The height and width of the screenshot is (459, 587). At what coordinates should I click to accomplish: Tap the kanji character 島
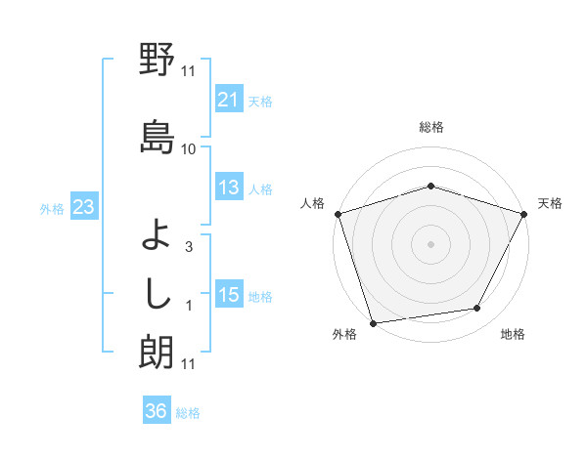(x=157, y=136)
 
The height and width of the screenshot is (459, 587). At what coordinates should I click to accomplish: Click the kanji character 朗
(x=157, y=352)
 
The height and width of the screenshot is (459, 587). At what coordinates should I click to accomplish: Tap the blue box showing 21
(x=228, y=99)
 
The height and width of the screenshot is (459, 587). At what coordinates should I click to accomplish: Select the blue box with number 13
(x=228, y=188)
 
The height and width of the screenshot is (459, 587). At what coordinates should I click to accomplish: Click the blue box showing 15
(x=228, y=295)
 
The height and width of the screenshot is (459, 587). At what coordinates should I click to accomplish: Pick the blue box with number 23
(x=84, y=207)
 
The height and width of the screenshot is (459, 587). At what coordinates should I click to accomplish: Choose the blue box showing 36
(x=157, y=411)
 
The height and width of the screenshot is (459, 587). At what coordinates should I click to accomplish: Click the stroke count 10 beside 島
(x=188, y=148)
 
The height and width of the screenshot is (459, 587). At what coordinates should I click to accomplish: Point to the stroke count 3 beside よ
(x=188, y=247)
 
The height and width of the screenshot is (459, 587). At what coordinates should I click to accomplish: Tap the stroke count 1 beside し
(x=188, y=306)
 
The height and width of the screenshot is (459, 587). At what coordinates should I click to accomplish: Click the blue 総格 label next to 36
(x=188, y=413)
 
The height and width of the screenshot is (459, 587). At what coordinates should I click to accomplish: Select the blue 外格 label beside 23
(x=52, y=208)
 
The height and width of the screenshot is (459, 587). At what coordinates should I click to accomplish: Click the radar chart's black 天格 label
(x=550, y=203)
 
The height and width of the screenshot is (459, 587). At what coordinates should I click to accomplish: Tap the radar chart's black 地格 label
(x=513, y=334)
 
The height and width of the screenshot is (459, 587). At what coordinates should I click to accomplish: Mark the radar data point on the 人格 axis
(x=338, y=214)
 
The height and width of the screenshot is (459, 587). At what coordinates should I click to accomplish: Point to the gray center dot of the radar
(x=430, y=243)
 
